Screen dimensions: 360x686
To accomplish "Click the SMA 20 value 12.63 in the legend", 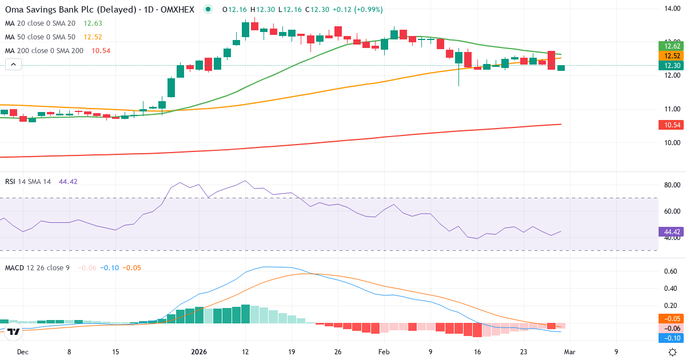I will (93, 23).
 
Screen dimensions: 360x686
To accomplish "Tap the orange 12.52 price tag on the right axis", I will (671, 56).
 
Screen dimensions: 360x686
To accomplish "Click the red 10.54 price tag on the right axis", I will (671, 125).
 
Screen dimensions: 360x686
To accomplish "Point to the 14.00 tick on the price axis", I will (671, 8).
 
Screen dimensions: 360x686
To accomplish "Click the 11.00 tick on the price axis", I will (671, 109).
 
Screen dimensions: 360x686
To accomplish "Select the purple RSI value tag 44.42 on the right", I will (671, 232).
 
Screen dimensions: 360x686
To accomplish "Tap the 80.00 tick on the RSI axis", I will (671, 185).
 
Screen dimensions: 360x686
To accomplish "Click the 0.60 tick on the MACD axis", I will (671, 271).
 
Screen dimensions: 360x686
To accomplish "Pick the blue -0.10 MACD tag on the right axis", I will (671, 338).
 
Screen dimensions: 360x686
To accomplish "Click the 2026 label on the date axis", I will (199, 352).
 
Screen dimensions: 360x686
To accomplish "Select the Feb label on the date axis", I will (384, 352).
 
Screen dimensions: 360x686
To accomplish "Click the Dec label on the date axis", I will (22, 352).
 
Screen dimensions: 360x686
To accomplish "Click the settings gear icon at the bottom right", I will (673, 352).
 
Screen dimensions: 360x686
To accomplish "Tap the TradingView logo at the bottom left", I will (14, 331).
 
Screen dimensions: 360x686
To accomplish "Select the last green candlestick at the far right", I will (561, 68).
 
